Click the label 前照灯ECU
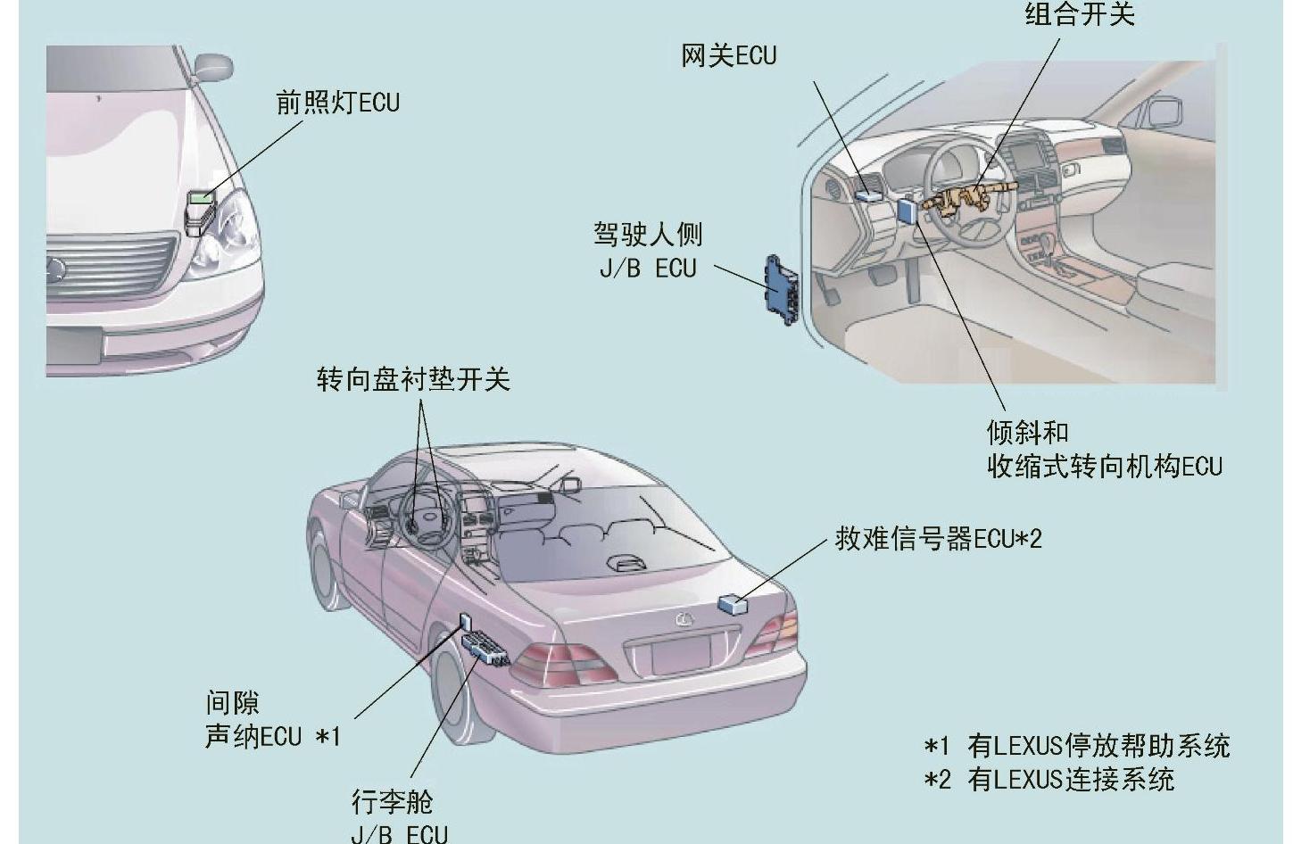[x=337, y=103]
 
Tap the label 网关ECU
[x=728, y=55]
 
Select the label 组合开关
[x=1079, y=13]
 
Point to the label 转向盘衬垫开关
[x=413, y=379]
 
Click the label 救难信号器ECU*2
[x=938, y=539]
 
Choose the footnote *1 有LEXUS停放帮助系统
[x=1077, y=745]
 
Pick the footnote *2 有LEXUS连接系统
[x=1049, y=780]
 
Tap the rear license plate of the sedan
[x=680, y=656]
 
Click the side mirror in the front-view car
[x=212, y=66]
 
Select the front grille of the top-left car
[x=112, y=264]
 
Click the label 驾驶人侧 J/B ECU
[x=648, y=251]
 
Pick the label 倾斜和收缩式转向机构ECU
[x=1104, y=449]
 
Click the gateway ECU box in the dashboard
[x=868, y=190]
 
